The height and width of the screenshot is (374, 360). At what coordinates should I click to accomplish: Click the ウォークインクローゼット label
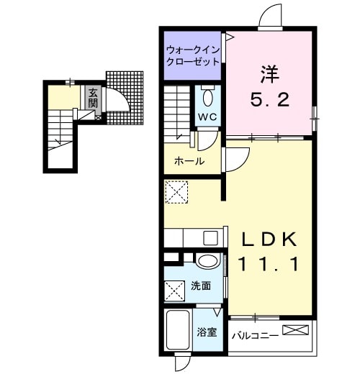192,56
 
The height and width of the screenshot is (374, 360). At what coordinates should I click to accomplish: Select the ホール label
189,161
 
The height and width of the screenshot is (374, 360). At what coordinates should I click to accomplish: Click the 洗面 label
201,286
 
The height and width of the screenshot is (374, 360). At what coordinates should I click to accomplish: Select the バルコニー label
254,335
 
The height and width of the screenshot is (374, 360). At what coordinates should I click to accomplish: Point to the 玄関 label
93,98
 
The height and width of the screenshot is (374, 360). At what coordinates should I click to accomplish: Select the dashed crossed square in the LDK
176,193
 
